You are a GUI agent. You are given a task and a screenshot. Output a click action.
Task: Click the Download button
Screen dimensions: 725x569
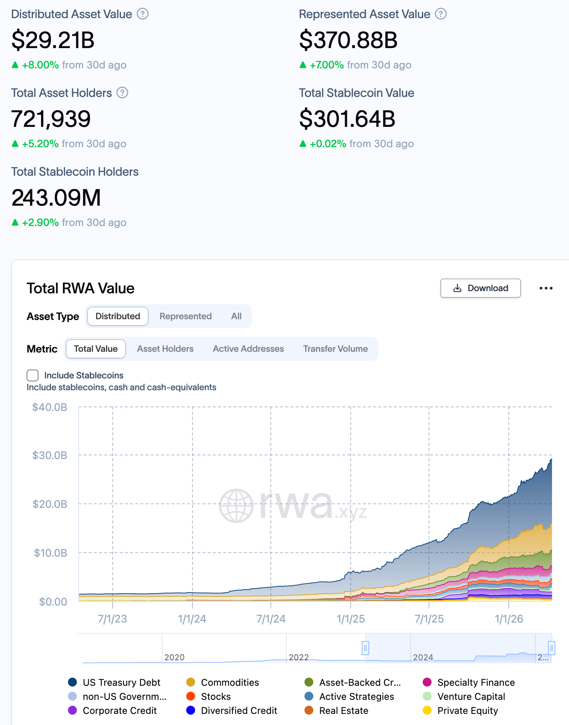pos(480,288)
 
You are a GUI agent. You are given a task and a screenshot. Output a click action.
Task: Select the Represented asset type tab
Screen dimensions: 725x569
pos(185,316)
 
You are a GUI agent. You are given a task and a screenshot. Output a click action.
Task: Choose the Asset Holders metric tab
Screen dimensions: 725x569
pos(165,349)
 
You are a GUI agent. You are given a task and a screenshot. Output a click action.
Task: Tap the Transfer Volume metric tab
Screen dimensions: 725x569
pos(335,349)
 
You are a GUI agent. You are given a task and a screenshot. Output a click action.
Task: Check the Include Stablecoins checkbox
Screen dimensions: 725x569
pos(33,375)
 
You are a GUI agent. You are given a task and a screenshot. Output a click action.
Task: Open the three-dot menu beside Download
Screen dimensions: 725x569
pos(546,288)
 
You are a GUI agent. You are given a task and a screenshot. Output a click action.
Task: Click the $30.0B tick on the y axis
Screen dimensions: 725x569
pos(50,455)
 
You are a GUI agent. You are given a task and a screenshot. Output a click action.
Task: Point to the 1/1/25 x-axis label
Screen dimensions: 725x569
pos(351,619)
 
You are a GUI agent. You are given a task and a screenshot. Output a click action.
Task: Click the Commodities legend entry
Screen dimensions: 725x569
pos(230,682)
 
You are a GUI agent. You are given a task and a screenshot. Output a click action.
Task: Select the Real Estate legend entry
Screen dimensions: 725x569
pos(343,711)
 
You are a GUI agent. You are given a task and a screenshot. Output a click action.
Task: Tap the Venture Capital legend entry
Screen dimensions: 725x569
pos(471,697)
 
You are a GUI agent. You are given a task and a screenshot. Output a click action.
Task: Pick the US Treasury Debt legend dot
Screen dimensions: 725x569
pos(73,682)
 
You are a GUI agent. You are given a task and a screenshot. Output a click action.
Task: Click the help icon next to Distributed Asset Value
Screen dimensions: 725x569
pos(143,14)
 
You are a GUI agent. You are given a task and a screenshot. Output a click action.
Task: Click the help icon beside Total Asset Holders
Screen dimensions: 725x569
pos(122,93)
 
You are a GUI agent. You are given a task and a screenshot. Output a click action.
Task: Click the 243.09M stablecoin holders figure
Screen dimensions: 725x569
pos(56,198)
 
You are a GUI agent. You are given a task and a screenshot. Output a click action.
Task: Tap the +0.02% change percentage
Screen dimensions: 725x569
pos(328,144)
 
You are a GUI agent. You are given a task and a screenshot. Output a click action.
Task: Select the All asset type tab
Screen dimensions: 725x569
pos(236,316)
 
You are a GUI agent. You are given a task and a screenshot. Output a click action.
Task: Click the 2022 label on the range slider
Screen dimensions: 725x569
pos(299,657)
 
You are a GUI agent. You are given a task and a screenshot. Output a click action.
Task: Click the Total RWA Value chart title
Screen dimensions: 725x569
pos(81,288)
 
